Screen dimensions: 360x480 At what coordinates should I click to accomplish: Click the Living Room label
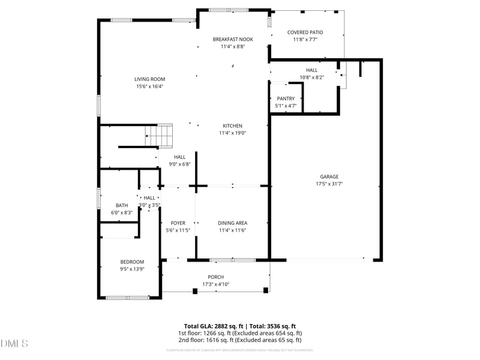point(149,79)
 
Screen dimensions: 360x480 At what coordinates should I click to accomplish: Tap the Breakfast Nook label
point(233,39)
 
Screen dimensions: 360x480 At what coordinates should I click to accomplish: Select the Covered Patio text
point(305,32)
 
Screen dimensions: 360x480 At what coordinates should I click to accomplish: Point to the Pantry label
point(286,98)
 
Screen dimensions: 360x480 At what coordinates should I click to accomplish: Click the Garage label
point(329,176)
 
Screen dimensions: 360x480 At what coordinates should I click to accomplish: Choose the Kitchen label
point(231,125)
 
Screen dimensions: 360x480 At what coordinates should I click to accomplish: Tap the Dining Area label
point(233,223)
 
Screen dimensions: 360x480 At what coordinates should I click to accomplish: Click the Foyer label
point(178,223)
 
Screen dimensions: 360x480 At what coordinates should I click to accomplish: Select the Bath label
point(122,205)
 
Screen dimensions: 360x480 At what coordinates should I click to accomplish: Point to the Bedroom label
point(132,262)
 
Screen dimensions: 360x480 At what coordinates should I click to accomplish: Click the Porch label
point(216,277)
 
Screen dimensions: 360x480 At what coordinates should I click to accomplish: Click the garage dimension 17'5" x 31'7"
point(329,184)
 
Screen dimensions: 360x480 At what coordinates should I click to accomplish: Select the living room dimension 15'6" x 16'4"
point(149,86)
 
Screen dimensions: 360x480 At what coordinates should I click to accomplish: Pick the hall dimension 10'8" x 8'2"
point(311,77)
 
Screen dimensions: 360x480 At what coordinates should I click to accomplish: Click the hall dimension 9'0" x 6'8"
point(179,164)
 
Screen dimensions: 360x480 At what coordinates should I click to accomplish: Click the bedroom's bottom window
point(127,298)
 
